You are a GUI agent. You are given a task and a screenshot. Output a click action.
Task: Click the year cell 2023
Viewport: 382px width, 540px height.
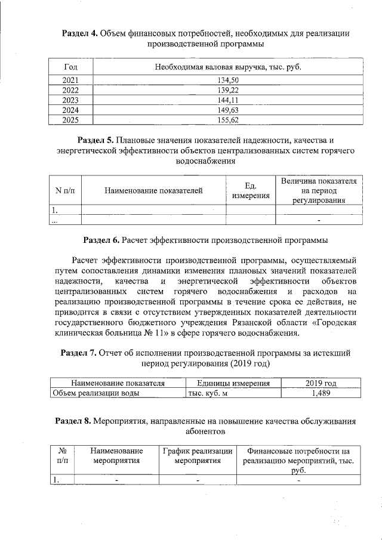point(70,100)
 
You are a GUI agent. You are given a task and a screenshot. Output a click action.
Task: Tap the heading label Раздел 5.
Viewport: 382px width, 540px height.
point(96,140)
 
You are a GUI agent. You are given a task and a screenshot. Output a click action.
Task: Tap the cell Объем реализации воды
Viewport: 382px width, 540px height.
point(95,393)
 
